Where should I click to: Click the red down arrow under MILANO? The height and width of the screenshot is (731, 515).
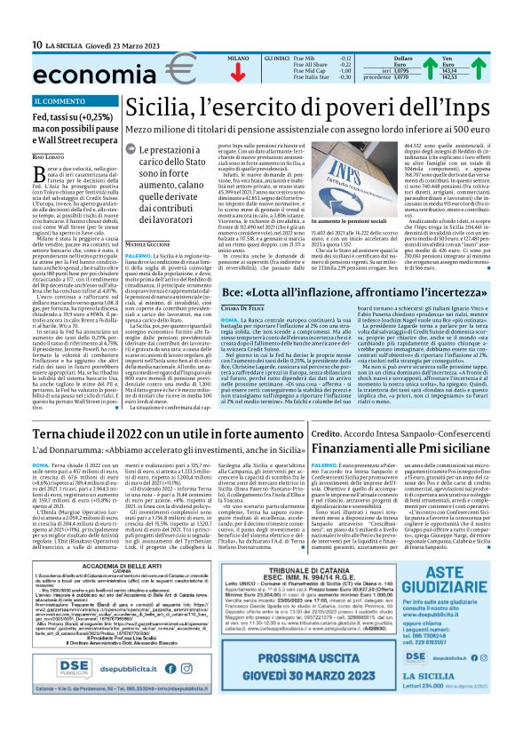pyautogui.click(x=237, y=73)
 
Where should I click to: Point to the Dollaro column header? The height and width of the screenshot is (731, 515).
pyautogui.click(x=402, y=59)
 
